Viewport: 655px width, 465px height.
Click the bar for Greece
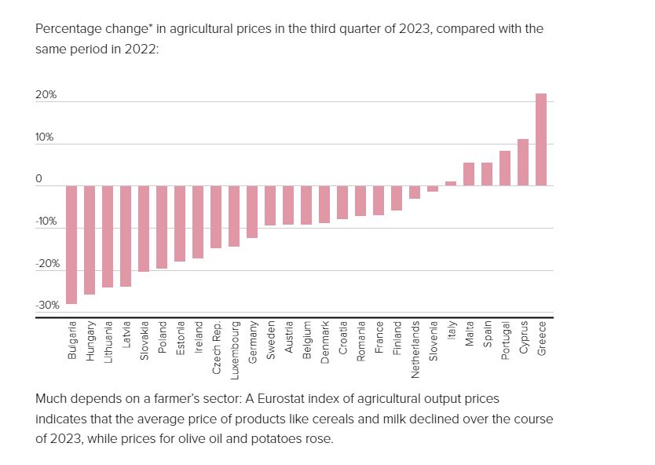(x=541, y=140)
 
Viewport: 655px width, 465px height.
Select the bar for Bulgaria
(x=71, y=245)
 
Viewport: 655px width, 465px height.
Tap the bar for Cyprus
(x=523, y=163)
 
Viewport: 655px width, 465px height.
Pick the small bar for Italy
(x=451, y=184)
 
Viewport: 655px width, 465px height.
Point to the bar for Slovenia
(x=433, y=189)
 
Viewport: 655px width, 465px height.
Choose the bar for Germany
(x=252, y=212)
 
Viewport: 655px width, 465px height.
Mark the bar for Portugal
(x=505, y=168)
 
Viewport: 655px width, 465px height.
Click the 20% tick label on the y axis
(x=46, y=95)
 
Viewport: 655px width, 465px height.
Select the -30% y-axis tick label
(x=47, y=306)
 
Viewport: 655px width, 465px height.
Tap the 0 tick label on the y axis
(x=38, y=179)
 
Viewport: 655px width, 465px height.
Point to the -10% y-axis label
(x=46, y=222)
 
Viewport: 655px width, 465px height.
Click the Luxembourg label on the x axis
(x=235, y=350)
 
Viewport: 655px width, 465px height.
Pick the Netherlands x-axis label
(x=415, y=350)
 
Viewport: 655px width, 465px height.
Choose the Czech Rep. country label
(x=217, y=348)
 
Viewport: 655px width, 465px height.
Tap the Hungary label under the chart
(x=90, y=340)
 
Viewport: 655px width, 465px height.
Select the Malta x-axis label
(x=470, y=333)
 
